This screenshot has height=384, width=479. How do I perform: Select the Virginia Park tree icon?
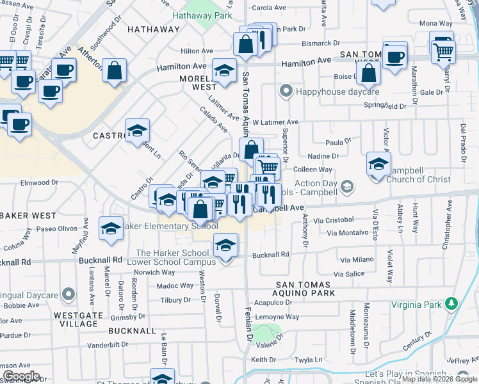[x=452, y=302]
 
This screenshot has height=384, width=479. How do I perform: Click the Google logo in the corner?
[x=21, y=376]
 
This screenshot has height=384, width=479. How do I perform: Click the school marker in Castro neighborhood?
[x=137, y=131]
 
